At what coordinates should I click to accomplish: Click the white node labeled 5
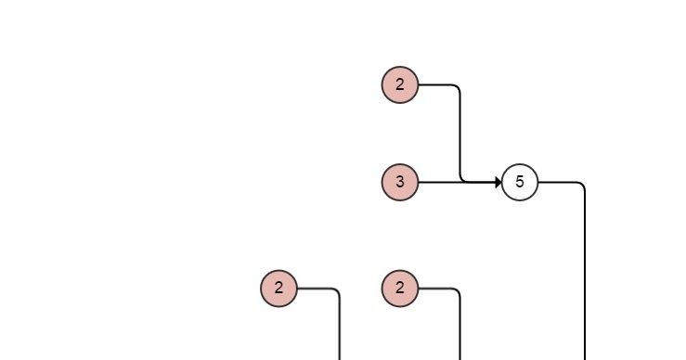[520, 182]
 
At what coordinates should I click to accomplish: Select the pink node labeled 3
[400, 182]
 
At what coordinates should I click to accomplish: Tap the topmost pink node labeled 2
[400, 85]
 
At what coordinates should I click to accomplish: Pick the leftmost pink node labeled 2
[278, 288]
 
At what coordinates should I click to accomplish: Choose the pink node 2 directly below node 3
[400, 288]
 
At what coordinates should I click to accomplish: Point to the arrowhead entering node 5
[498, 182]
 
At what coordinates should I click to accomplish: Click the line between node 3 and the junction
[438, 182]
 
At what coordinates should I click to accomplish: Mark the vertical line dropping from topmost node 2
[460, 135]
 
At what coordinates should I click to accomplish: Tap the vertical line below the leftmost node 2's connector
[340, 329]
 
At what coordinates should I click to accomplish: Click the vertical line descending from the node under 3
[460, 329]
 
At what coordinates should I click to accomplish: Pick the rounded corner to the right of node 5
[582, 185]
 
